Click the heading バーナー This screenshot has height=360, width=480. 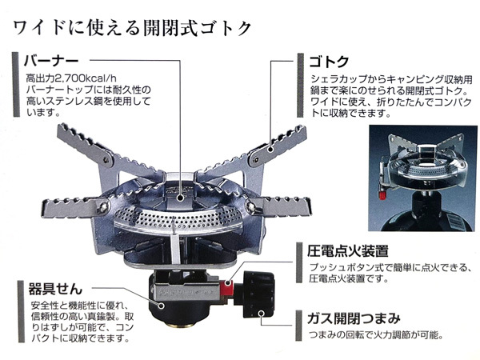(x=51, y=61)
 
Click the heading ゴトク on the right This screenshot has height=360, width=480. (x=329, y=62)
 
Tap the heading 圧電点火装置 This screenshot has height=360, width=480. (x=347, y=250)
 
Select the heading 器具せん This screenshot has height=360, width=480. (x=55, y=288)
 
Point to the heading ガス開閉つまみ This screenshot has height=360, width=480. (x=354, y=318)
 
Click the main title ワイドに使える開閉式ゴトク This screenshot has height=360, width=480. (x=132, y=28)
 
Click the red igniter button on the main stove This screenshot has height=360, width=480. (x=227, y=286)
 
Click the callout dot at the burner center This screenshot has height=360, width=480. (x=181, y=198)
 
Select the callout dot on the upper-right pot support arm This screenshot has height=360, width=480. (x=270, y=150)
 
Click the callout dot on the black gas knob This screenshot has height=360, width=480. (x=261, y=313)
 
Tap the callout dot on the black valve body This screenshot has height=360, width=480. (x=162, y=306)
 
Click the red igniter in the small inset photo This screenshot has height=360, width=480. (x=382, y=194)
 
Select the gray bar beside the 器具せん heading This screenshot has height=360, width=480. (x=21, y=311)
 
